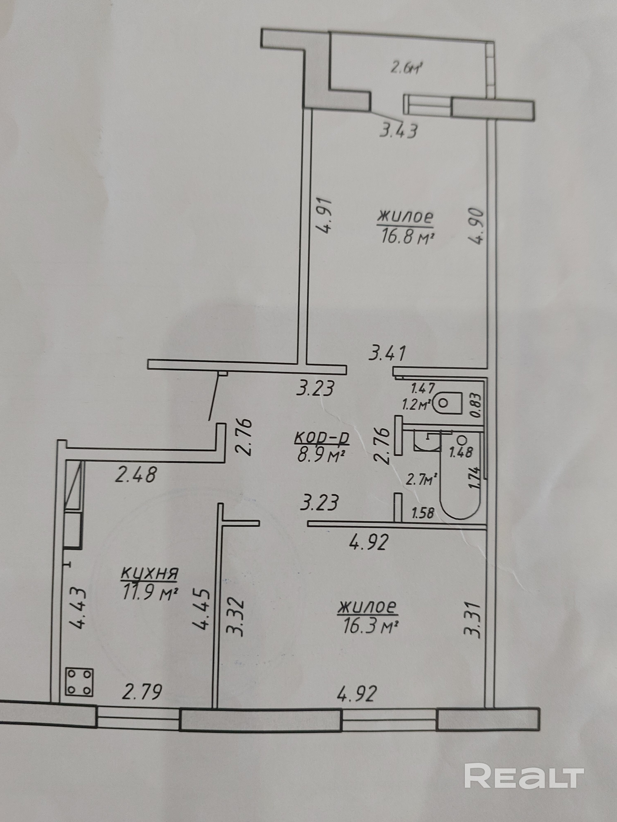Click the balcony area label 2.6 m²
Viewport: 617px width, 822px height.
pos(408,69)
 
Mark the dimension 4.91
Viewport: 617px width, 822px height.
pos(325,216)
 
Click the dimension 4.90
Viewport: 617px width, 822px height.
pos(476,226)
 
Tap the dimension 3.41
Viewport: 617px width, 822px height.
pos(387,353)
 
